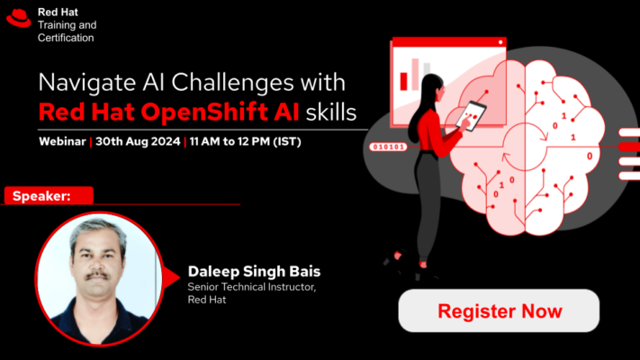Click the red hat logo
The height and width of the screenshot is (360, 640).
point(19,18)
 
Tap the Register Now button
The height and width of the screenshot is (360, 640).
point(499,310)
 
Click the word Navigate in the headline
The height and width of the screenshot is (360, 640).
point(87,83)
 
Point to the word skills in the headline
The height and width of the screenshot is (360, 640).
point(331,112)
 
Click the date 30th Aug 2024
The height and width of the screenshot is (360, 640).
point(138,141)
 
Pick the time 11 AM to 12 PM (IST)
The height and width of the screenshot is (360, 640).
point(246,141)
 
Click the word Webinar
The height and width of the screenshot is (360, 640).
point(62,141)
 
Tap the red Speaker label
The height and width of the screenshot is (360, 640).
point(49,195)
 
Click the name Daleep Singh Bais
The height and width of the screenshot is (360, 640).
point(254,272)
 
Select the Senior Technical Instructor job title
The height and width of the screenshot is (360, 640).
point(251,287)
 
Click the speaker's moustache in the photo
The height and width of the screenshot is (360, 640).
point(97,276)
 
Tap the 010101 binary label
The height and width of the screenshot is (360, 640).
point(388,147)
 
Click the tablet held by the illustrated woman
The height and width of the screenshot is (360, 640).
point(471,115)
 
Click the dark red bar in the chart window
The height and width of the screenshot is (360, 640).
point(403,81)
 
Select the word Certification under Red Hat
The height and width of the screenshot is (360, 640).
point(66,38)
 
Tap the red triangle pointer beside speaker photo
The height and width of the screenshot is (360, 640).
point(171,277)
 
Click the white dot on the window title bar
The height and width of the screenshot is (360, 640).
point(500,42)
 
